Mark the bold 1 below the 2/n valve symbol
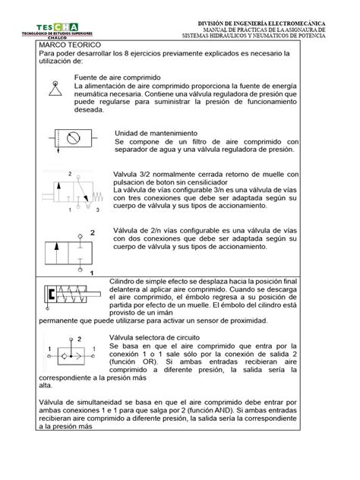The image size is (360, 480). [92, 270]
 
